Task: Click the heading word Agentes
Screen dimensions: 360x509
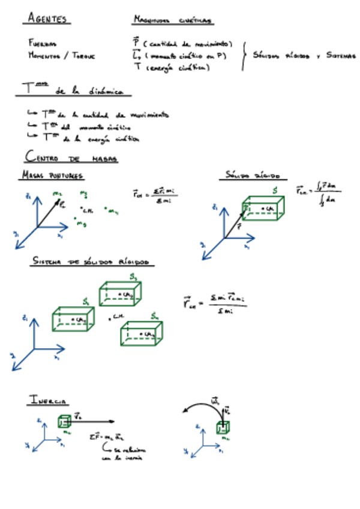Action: click(47, 19)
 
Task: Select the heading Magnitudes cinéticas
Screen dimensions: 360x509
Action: click(172, 20)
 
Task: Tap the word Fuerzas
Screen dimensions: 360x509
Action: click(43, 44)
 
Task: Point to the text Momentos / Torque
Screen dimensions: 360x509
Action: click(61, 55)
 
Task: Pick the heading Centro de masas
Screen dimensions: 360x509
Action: click(71, 158)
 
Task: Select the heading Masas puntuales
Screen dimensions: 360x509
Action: click(53, 176)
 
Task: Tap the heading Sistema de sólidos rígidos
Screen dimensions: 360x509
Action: click(93, 263)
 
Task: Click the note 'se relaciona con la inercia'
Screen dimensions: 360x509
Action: click(122, 454)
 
